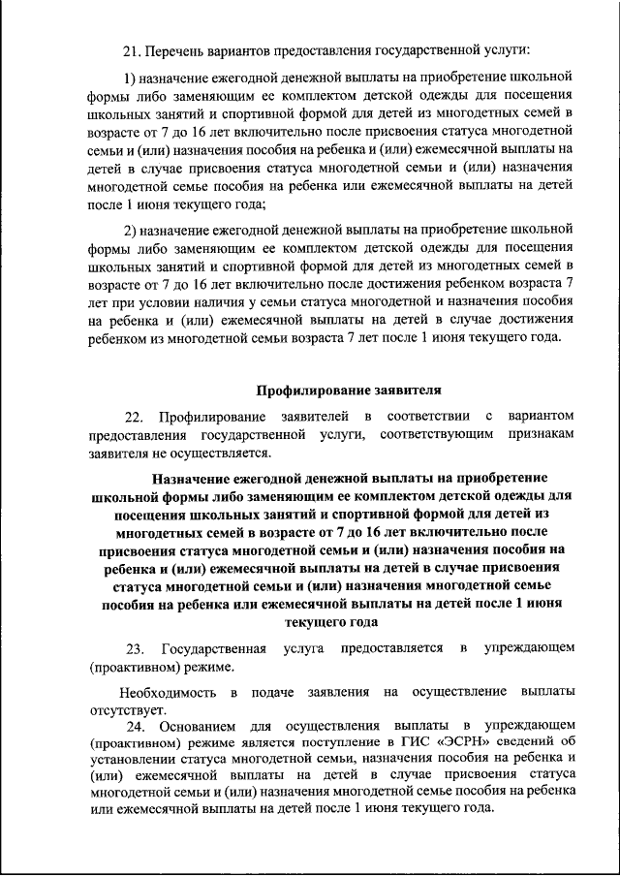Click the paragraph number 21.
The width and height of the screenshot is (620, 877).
[132, 48]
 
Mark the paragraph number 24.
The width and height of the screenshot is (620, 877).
[134, 727]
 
